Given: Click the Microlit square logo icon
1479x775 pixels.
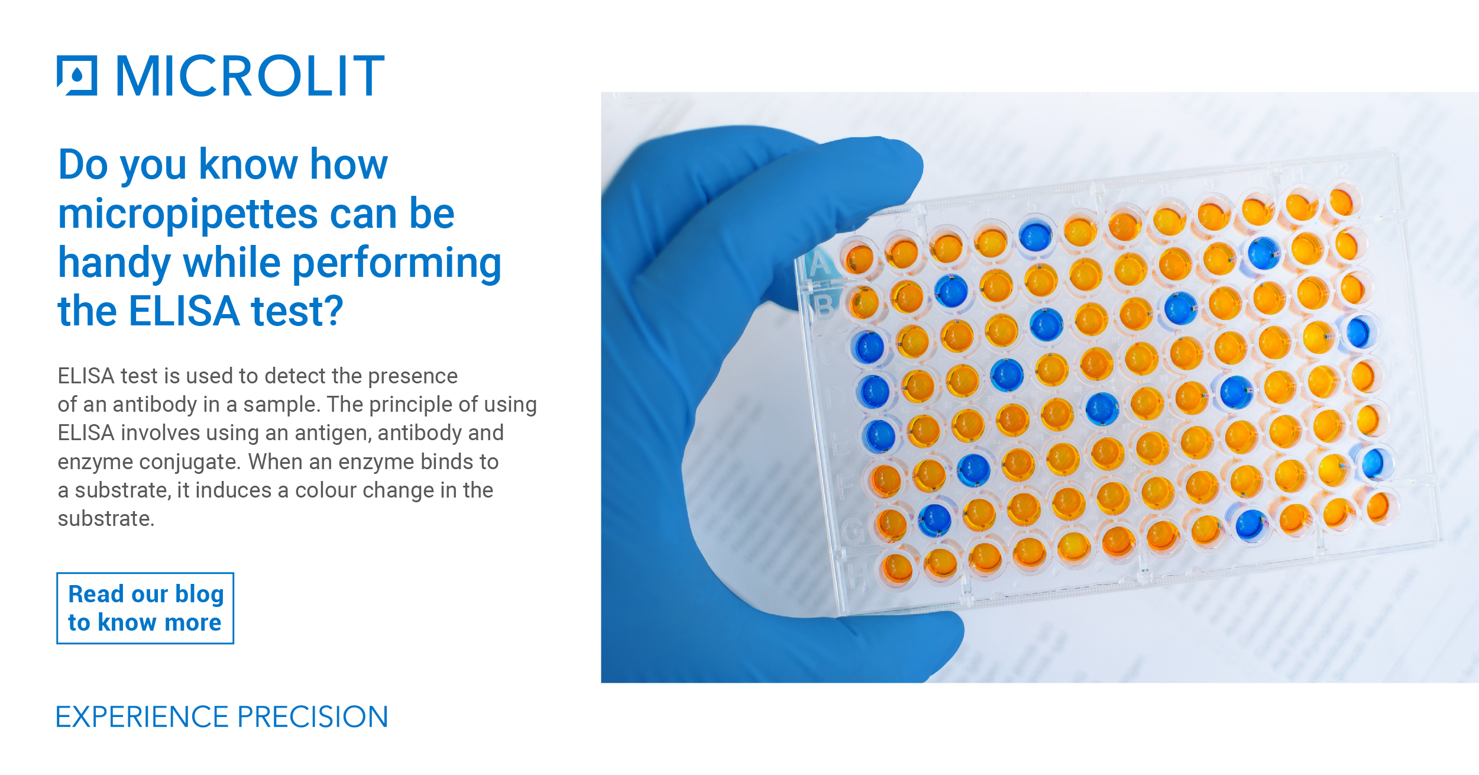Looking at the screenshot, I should [x=77, y=76].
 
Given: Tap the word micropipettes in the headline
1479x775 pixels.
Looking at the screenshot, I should [x=188, y=214].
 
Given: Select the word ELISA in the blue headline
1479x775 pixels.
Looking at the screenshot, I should [x=184, y=311].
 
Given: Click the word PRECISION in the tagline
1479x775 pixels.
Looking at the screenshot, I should [x=313, y=717].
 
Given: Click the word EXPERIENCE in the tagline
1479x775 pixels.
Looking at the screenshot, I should [x=142, y=717].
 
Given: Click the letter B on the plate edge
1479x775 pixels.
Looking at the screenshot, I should [x=824, y=306].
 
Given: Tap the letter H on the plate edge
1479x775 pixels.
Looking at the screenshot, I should [x=857, y=574].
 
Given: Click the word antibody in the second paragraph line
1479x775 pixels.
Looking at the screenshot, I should [x=154, y=405].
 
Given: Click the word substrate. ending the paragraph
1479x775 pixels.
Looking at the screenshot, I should [x=106, y=519].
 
